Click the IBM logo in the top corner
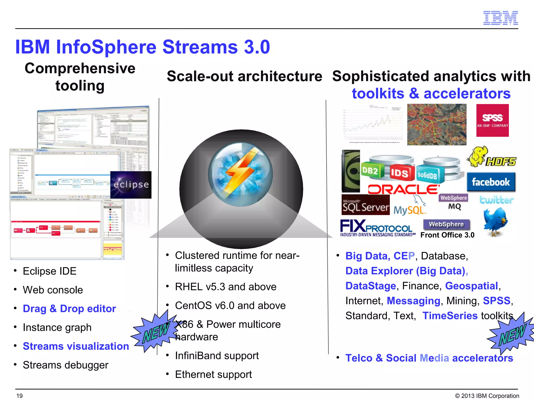coord(500,18)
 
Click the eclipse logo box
coord(131,185)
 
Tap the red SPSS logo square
coord(492,120)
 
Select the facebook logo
coord(491,182)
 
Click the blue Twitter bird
coord(495,221)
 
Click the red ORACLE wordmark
coord(403,189)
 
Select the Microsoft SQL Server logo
coord(365,205)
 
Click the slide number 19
coord(20,396)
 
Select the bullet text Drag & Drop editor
coord(69,309)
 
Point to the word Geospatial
coord(471,286)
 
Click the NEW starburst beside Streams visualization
coord(156,332)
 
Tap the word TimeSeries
coord(450,316)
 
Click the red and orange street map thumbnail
coord(437,125)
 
